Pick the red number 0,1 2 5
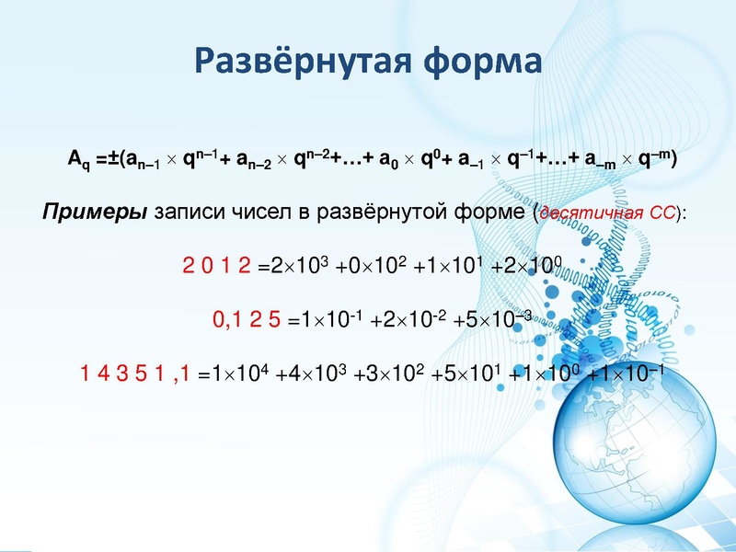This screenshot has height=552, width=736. pos(247,321)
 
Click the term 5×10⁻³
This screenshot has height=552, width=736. pos(496,320)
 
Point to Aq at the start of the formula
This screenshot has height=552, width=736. pos(79,159)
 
